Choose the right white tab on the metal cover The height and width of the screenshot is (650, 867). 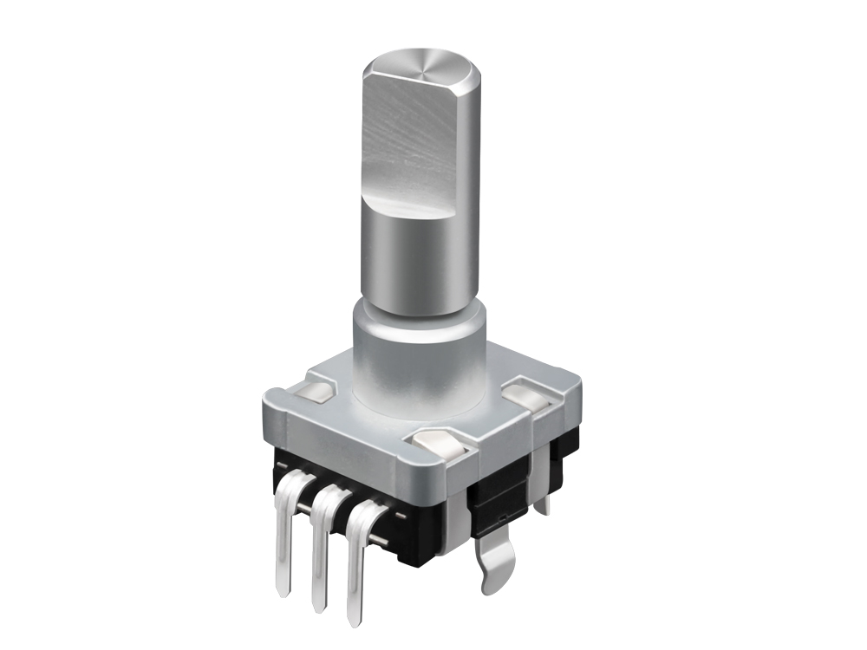point(529,397)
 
